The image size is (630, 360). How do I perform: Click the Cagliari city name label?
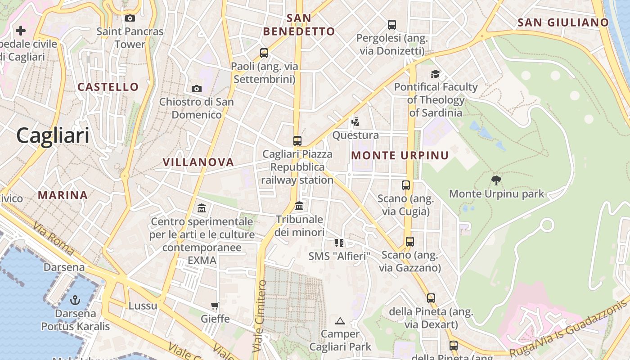coord(53,135)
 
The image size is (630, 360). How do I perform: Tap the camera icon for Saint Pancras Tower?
coord(130,18)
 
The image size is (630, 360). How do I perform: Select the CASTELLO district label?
coord(108,87)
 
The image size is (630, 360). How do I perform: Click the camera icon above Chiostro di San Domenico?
coord(197,89)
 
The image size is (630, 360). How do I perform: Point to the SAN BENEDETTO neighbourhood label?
coord(299,25)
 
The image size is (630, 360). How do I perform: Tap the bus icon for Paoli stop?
coord(264,53)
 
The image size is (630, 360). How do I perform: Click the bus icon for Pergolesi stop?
coord(392,25)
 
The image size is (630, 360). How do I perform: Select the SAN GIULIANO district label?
coord(563,22)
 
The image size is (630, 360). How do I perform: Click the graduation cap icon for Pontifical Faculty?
coord(435,74)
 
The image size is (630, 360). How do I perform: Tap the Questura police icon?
coord(355,122)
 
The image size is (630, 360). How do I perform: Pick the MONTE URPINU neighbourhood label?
coord(400,156)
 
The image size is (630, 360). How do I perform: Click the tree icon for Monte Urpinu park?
coord(496,181)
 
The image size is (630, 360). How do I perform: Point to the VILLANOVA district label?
coord(198,162)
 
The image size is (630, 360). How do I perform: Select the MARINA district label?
coord(63,195)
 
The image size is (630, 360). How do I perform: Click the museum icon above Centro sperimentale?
coord(202,208)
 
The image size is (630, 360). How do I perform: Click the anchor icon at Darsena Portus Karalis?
coord(76,300)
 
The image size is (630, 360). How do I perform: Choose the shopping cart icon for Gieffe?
coord(215,306)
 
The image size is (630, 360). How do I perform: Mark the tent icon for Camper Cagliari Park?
coord(340,321)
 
